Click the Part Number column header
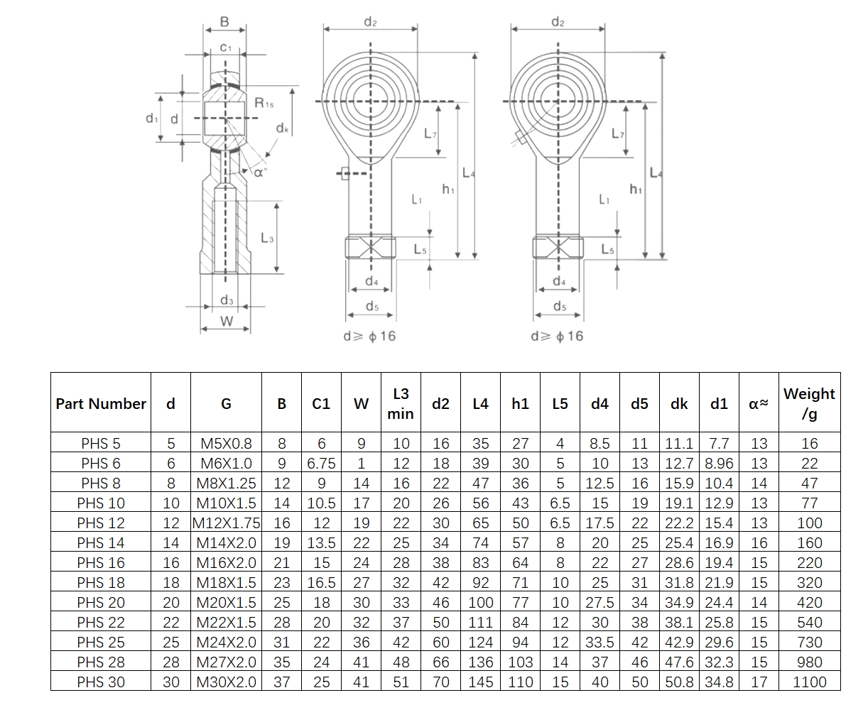pos(100,403)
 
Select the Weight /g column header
pos(809,403)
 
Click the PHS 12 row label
pos(100,523)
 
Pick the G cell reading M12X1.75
pos(226,523)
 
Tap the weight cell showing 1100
pos(809,682)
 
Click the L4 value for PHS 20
pos(480,602)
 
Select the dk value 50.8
pos(679,682)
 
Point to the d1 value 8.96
pos(719,463)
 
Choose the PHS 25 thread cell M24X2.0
pos(226,642)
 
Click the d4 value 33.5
pos(600,642)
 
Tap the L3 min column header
pos(401,403)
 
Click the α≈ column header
pos(759,403)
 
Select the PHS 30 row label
pos(100,682)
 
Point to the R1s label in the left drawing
pos(264,104)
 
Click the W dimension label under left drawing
pos(226,321)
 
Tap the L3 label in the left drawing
pos(266,239)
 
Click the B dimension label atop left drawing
pos(224,22)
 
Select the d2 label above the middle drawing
pos(370,22)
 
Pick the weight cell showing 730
pos(809,642)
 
